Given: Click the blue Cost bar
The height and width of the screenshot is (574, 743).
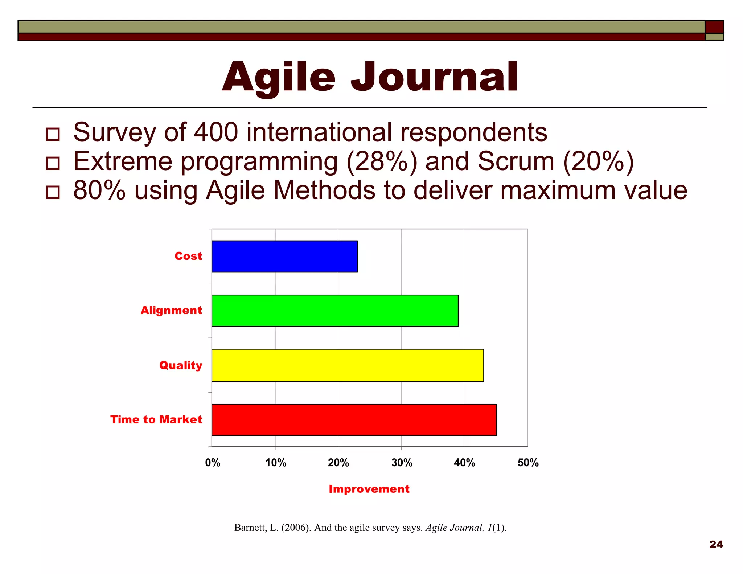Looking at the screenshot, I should (x=284, y=256).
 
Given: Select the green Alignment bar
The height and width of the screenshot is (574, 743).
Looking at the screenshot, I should (x=335, y=311).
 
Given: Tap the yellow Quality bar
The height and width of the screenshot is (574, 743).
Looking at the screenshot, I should (x=348, y=365).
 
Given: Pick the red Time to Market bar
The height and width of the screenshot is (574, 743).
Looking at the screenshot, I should (x=354, y=420).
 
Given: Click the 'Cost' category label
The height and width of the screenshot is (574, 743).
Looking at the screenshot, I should (x=188, y=256).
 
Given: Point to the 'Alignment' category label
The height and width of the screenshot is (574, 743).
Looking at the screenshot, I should (x=171, y=311).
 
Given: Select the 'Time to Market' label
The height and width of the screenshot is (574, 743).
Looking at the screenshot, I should (x=156, y=420).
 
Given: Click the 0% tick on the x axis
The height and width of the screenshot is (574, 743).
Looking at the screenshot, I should (x=213, y=463).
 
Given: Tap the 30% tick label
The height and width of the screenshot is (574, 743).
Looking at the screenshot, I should (x=402, y=463).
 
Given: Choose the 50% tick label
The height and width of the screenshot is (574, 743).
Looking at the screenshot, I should (x=528, y=463).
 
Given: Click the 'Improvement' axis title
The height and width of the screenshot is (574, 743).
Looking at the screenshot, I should (x=369, y=489).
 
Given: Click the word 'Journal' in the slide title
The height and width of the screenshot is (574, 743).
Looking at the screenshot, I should (x=434, y=77).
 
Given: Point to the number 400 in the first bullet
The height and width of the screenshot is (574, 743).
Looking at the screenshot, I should (x=216, y=132).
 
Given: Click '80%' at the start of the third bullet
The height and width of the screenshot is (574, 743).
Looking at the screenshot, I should (x=99, y=190).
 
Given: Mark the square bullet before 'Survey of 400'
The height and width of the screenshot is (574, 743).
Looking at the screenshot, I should (x=53, y=134).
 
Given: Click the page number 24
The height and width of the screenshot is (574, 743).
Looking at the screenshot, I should (x=716, y=544).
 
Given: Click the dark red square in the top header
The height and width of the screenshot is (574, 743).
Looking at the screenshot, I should (x=714, y=27).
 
